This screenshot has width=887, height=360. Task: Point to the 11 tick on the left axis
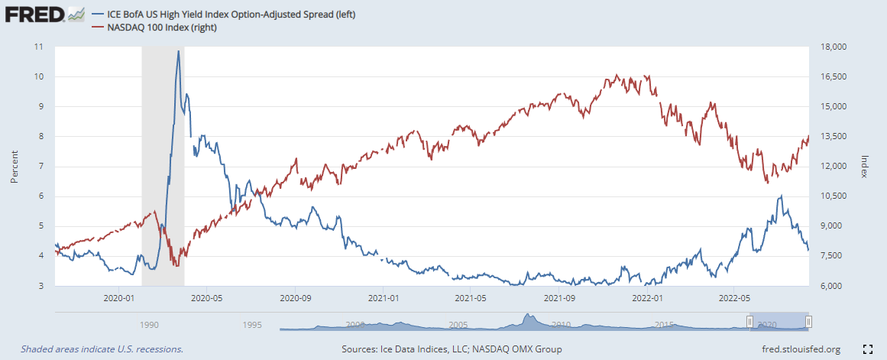click(x=38, y=47)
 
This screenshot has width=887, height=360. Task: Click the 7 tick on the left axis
click(x=40, y=166)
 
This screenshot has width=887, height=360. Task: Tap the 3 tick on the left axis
click(x=40, y=286)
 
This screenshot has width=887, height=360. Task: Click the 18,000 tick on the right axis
click(x=834, y=47)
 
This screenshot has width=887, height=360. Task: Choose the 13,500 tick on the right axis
click(x=834, y=137)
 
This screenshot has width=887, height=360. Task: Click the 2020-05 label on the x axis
click(x=205, y=299)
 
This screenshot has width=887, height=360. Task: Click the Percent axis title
click(x=15, y=166)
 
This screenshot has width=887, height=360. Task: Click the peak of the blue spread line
click(x=178, y=51)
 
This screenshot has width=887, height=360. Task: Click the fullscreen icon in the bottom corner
click(x=867, y=349)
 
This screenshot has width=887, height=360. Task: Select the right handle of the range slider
click(x=808, y=322)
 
